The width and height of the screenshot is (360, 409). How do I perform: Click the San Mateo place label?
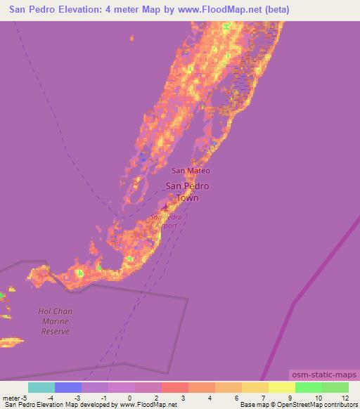point(191,170)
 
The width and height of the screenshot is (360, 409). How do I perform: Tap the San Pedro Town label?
point(187,192)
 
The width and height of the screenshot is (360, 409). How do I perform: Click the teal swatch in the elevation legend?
point(41,387)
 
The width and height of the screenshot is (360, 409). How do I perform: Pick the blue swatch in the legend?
point(68,387)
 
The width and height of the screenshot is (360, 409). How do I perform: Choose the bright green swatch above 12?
point(335,387)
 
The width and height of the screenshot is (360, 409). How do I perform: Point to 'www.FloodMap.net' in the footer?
point(147,405)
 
